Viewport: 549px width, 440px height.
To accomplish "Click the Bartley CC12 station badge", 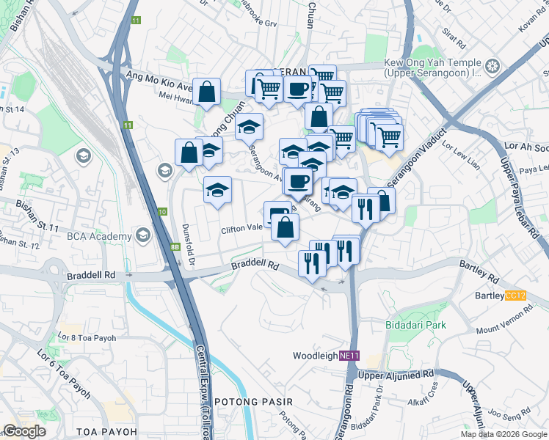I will point(516,296).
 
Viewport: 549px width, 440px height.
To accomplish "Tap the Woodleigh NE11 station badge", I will point(349,356).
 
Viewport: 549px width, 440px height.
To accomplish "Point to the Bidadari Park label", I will point(417,324).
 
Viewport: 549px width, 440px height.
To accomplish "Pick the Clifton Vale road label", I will point(242,230).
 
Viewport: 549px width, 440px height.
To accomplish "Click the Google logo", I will point(24,431).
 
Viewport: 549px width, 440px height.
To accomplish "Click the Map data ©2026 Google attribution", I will point(503,434).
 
